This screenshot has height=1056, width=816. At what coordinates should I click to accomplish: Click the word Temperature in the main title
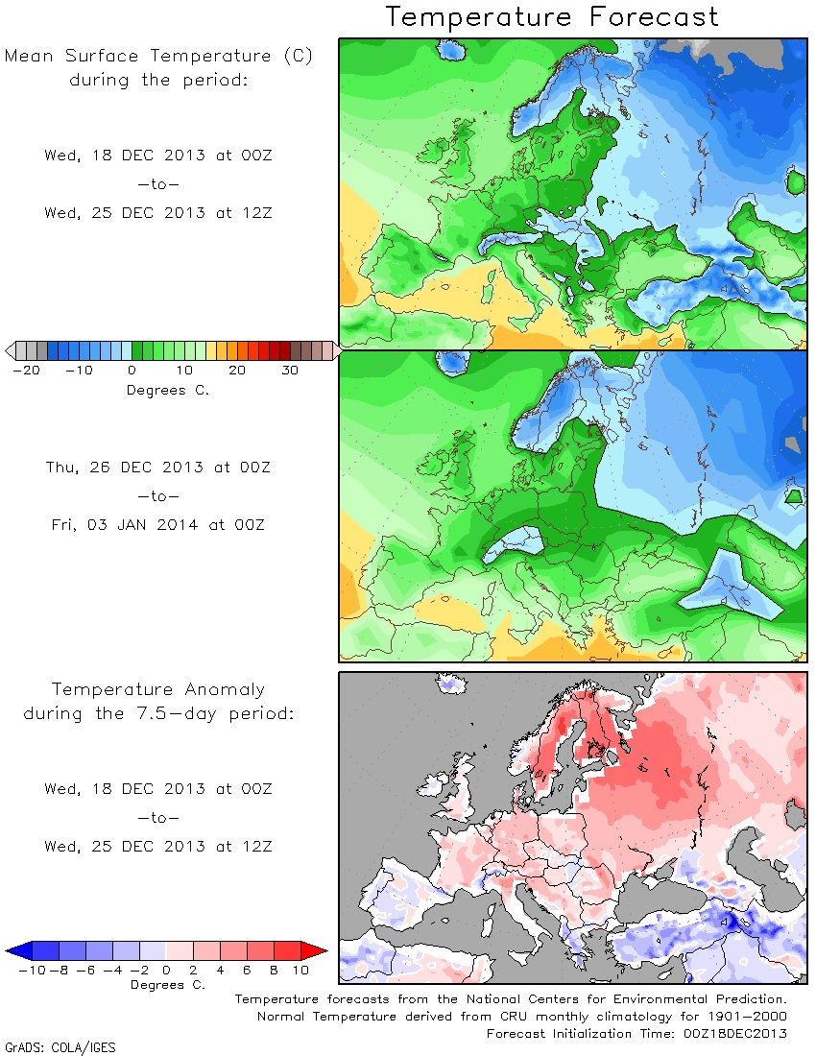tap(479, 17)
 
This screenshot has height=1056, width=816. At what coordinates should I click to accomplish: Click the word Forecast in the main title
tap(655, 16)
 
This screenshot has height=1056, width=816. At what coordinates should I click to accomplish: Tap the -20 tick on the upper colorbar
tap(27, 370)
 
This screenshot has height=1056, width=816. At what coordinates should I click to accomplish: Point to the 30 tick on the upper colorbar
tap(290, 370)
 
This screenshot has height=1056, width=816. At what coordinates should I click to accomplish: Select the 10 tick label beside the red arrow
tap(300, 970)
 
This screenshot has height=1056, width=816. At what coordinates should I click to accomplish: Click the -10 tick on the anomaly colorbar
tap(32, 970)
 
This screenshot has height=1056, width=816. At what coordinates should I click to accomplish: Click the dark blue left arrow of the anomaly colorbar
tap(18, 951)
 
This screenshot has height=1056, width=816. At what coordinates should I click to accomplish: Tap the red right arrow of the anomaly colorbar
tap(315, 951)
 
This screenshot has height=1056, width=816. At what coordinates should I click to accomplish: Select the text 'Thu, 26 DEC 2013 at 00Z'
tap(158, 468)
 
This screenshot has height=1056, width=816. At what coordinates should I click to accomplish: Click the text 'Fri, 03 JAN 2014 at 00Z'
tap(158, 524)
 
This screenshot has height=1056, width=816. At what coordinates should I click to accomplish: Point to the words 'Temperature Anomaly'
tap(158, 689)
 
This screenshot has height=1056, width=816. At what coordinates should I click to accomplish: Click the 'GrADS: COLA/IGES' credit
tap(60, 1047)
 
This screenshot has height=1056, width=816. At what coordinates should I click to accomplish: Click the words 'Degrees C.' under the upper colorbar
tap(168, 390)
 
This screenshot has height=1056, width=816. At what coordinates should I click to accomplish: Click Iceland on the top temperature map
tap(452, 49)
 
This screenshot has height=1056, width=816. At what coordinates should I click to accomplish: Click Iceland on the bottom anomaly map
tap(451, 683)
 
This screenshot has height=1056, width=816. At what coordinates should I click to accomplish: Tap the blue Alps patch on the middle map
tap(515, 542)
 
